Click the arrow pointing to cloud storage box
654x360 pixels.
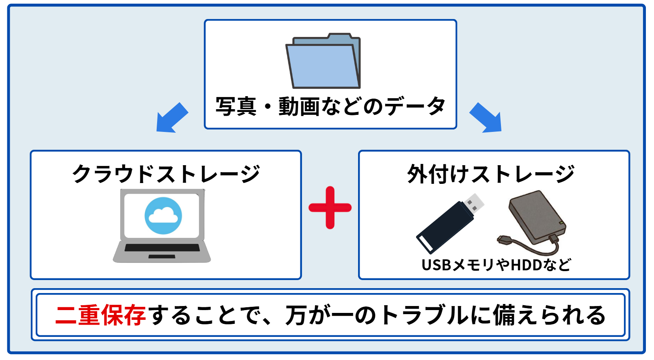point(172,118)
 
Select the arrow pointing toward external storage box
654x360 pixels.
point(486,118)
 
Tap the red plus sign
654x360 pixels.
point(330,207)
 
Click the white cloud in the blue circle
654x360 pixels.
point(163,216)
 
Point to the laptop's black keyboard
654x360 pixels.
point(162,248)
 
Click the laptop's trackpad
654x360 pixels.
point(162,257)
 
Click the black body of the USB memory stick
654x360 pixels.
point(445,228)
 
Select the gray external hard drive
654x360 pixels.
point(537,217)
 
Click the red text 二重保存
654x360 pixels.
point(100,315)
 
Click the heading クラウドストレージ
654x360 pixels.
point(166,174)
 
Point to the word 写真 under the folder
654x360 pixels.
point(236,106)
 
